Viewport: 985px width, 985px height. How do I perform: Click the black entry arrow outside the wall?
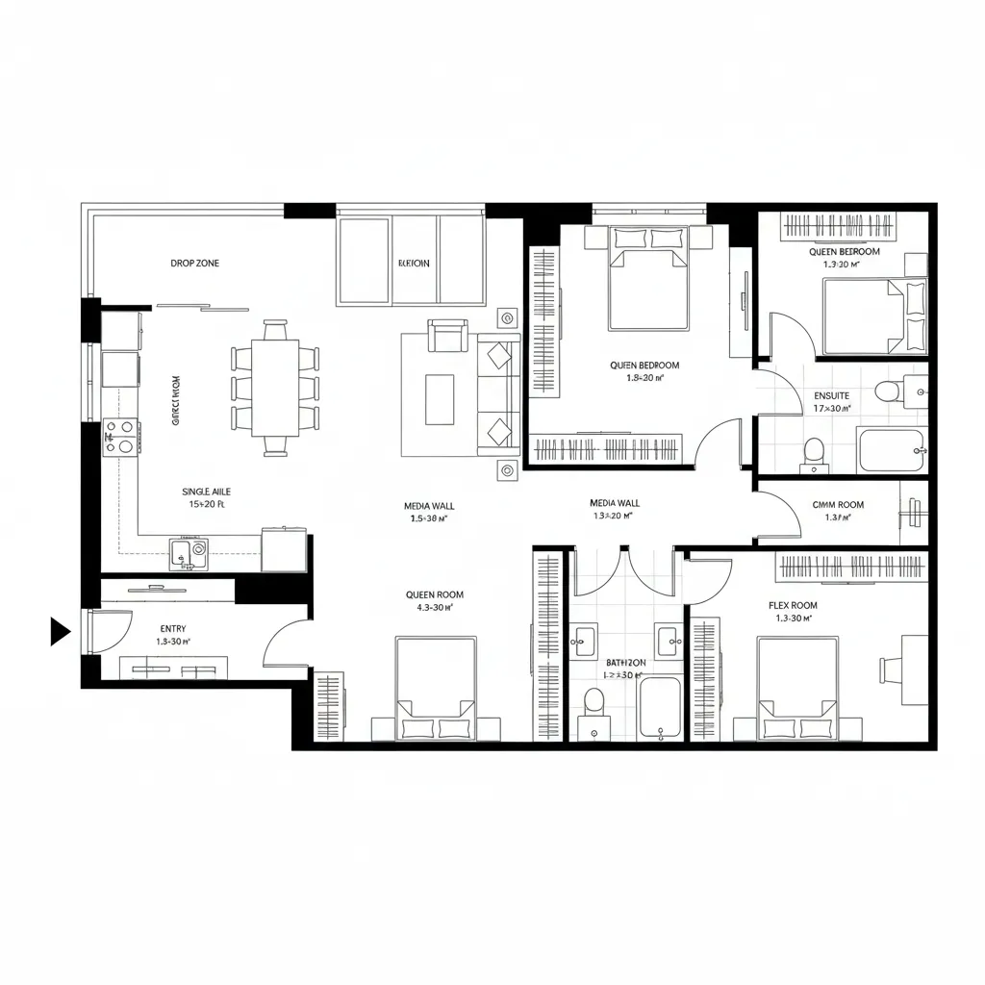tap(60, 632)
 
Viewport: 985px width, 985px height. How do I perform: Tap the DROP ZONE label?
tap(194, 263)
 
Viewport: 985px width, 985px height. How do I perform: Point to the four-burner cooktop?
tap(121, 436)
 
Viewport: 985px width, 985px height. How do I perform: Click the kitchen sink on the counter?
tap(189, 553)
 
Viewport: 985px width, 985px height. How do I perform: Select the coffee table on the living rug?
tap(440, 399)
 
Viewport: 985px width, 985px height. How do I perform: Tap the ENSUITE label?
tap(831, 395)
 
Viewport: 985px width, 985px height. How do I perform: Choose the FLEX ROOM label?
tap(793, 605)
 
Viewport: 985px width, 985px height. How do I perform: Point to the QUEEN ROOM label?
tap(435, 595)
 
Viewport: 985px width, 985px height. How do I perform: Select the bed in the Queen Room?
tap(436, 688)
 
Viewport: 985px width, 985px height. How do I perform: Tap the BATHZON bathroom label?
tap(625, 663)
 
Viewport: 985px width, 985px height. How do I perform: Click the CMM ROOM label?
tap(838, 504)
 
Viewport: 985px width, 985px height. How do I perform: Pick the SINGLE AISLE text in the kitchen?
tap(206, 492)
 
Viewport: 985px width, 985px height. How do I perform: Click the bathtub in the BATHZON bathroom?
tap(660, 708)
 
